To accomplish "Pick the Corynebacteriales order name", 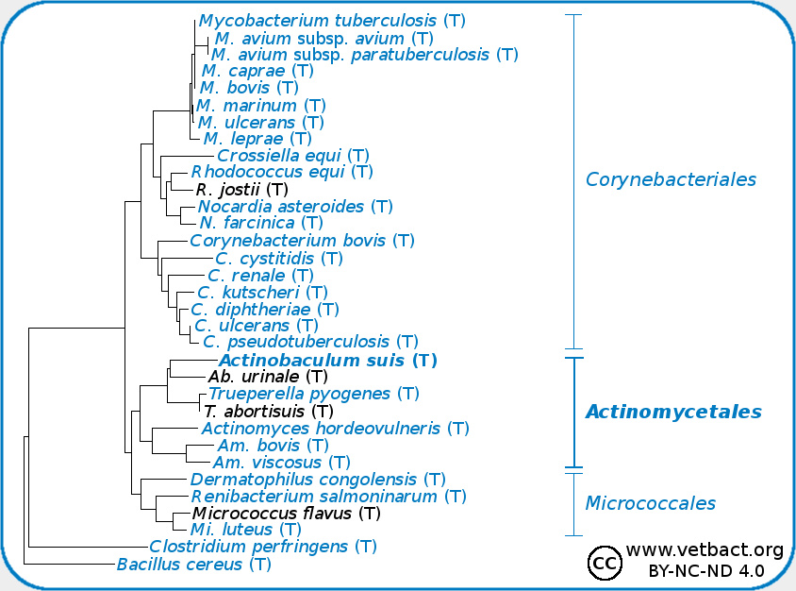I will click(x=671, y=179).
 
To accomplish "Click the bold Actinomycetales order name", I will click(x=673, y=412).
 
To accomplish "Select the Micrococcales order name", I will click(x=650, y=503).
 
